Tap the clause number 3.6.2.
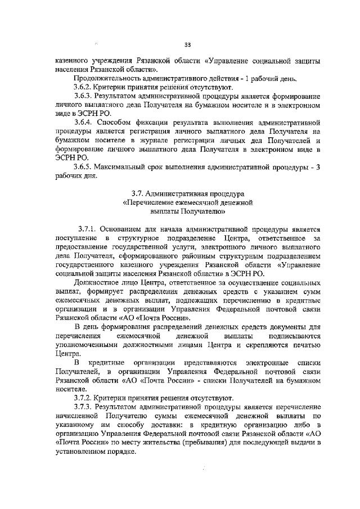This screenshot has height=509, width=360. coord(84,88)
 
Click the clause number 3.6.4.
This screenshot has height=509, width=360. coord(84,122)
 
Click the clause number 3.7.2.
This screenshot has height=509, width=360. coord(84,397)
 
